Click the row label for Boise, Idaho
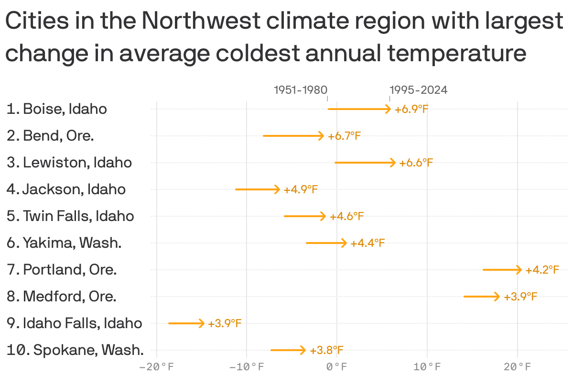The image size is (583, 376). (x=57, y=109)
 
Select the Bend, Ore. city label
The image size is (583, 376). (x=50, y=136)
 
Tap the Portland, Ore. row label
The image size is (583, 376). (x=62, y=270)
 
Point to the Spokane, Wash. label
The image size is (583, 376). (x=75, y=350)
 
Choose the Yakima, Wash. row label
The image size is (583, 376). (x=64, y=243)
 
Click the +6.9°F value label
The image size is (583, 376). (x=411, y=109)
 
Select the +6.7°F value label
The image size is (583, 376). (x=344, y=136)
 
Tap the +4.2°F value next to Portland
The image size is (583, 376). (x=542, y=270)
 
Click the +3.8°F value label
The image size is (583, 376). (x=326, y=350)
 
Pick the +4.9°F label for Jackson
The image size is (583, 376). (x=301, y=189)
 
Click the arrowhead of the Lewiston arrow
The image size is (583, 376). (x=393, y=163)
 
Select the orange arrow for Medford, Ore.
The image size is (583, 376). (x=481, y=297)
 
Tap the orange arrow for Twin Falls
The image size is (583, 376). (x=304, y=216)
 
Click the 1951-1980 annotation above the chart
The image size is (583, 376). (x=301, y=90)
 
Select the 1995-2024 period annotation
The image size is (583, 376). (x=419, y=90)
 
